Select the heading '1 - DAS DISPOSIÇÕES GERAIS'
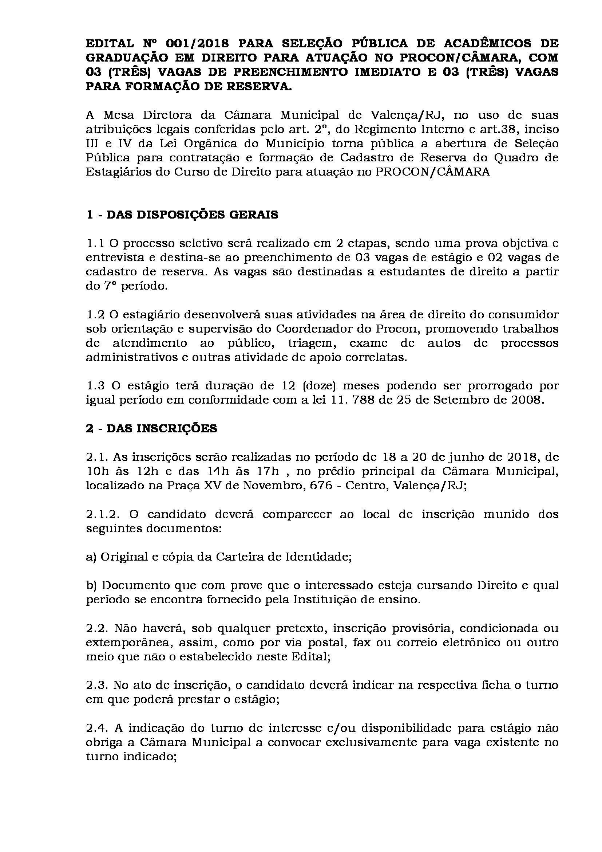pyautogui.click(x=182, y=215)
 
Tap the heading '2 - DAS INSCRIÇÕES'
pyautogui.click(x=151, y=429)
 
